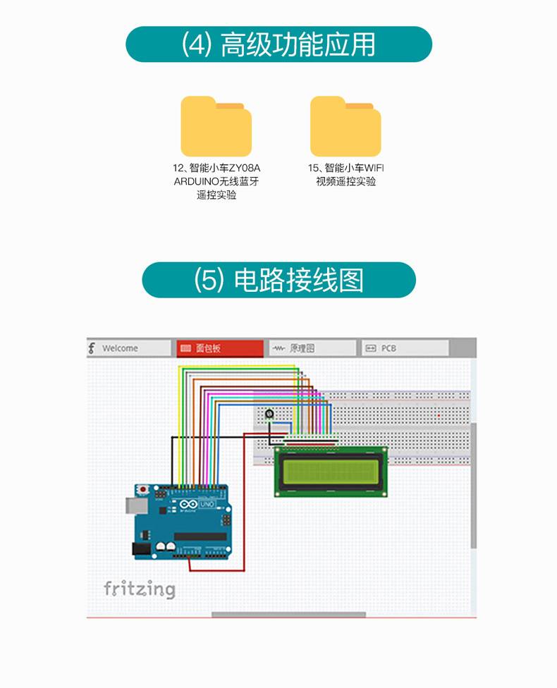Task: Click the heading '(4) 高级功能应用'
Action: tap(278, 44)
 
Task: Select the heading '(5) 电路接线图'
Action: tap(278, 280)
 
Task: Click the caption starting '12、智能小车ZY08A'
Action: tap(216, 181)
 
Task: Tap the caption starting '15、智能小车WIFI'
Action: tap(345, 174)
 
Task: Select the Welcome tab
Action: tap(130, 348)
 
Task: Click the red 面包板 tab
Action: tap(219, 348)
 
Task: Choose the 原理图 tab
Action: tap(312, 348)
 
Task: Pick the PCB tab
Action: tap(405, 348)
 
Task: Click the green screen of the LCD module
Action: tap(331, 472)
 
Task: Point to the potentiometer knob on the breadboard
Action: tap(269, 414)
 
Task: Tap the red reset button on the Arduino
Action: tap(145, 489)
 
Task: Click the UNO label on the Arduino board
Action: tap(207, 505)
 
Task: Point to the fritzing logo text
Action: tap(139, 589)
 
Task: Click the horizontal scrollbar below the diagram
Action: tap(288, 615)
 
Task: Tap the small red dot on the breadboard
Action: tap(439, 416)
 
